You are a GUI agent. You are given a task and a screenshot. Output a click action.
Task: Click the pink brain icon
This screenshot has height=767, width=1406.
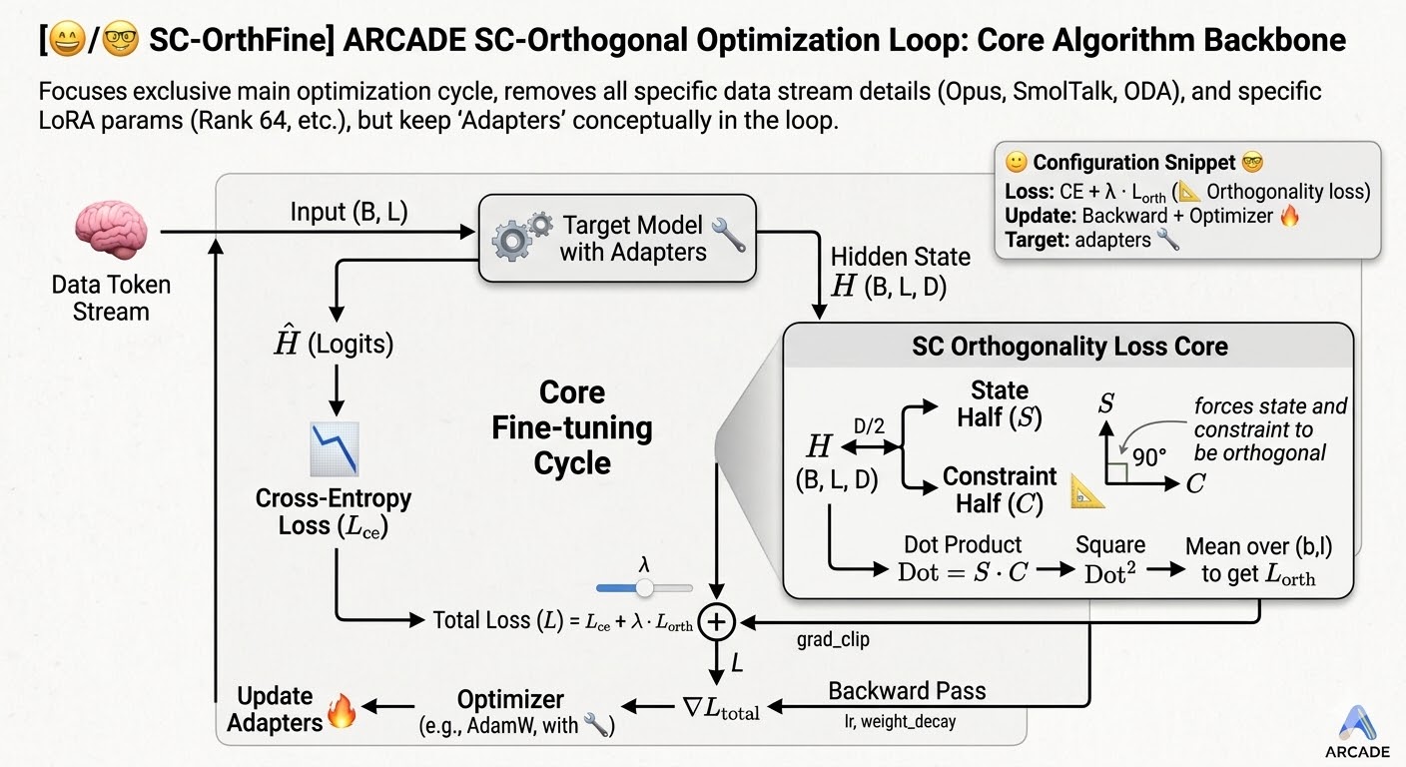[110, 232]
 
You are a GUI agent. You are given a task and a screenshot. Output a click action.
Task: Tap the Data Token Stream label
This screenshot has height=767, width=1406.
[111, 299]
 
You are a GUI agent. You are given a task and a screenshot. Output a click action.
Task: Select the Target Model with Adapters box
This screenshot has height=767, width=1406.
[617, 238]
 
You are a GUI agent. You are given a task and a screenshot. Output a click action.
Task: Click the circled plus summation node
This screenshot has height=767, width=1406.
[716, 621]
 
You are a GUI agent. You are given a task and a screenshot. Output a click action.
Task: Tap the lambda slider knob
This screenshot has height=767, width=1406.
[645, 587]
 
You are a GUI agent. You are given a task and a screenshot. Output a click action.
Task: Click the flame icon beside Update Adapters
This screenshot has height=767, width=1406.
[342, 711]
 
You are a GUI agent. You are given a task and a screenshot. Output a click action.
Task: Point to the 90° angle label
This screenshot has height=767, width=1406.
[1149, 457]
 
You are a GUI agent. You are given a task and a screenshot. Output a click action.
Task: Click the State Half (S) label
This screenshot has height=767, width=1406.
[1000, 403]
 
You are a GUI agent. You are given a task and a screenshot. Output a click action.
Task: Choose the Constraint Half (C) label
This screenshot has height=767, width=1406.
[1000, 490]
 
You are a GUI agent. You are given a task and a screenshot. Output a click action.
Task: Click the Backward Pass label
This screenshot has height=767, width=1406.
[907, 691]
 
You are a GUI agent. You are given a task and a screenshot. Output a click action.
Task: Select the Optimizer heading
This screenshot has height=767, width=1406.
[510, 700]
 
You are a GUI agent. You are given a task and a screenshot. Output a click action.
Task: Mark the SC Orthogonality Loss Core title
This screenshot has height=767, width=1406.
[1069, 347]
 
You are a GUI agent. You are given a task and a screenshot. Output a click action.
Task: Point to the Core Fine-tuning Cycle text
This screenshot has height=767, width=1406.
[571, 427]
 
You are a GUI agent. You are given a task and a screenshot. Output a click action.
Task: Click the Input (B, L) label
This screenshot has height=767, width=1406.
[349, 212]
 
